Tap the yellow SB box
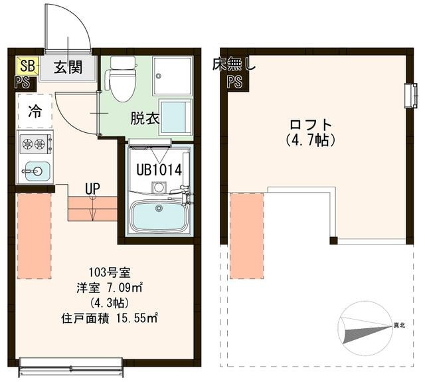[x=27, y=65]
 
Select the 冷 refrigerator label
[x=33, y=112]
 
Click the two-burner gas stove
[x=35, y=143]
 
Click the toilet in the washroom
[x=122, y=79]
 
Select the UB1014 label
[x=159, y=169]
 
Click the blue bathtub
[x=159, y=216]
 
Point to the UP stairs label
[x=92, y=188]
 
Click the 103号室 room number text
[x=106, y=272]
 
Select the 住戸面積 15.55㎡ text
[x=106, y=318]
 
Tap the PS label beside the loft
[x=234, y=82]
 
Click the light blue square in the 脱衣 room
[x=175, y=117]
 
